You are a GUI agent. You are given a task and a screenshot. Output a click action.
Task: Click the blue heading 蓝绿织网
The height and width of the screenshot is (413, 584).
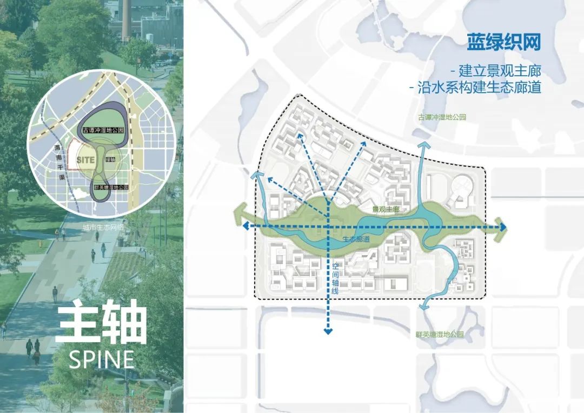pos(503,42)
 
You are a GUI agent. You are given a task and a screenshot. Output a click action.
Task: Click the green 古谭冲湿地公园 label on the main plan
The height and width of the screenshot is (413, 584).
pos(442,117)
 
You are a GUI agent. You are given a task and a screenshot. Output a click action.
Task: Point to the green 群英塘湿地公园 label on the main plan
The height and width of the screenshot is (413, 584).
pos(440,335)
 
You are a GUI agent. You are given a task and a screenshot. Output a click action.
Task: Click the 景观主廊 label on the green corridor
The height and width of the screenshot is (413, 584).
pos(386,209)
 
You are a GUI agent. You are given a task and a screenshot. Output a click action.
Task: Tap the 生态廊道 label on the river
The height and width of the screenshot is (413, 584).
pos(356,239)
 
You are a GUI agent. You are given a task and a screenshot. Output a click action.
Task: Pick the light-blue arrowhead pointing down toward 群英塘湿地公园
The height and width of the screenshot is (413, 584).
pos(423,307)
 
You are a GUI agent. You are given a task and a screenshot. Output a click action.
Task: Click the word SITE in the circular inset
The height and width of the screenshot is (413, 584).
pos(86,160)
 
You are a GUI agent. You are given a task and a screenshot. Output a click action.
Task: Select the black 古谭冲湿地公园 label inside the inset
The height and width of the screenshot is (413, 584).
pos(104,131)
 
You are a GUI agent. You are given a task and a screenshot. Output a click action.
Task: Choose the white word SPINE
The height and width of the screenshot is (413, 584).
pos(102,359)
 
